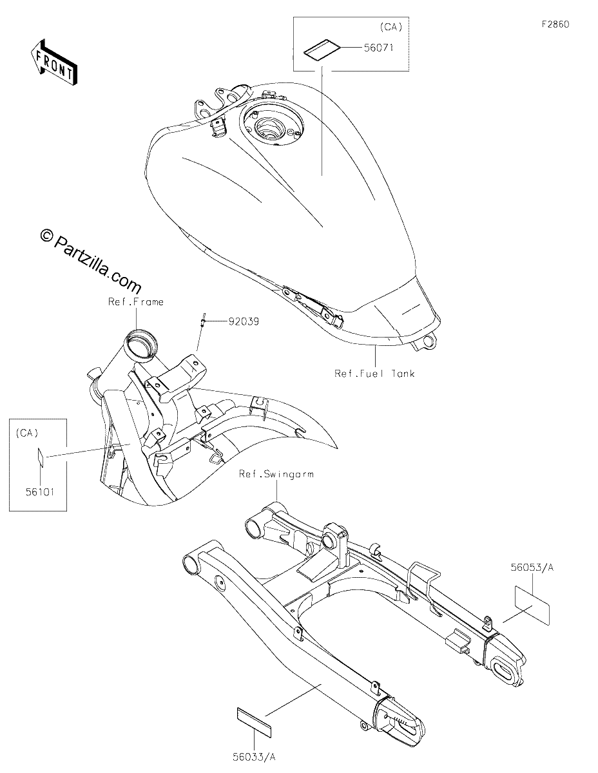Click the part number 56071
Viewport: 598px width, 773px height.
tap(378, 47)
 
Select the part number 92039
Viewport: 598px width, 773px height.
tap(244, 321)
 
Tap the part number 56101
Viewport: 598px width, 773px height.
tap(39, 492)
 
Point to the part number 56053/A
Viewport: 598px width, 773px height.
tap(532, 567)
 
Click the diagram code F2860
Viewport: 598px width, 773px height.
tap(555, 24)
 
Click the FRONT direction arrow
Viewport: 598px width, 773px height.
tap(54, 62)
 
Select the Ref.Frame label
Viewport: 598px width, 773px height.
tap(136, 302)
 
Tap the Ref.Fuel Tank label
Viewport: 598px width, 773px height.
tap(374, 374)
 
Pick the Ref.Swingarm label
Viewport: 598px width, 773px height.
tap(276, 474)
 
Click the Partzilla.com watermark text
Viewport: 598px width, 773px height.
tap(91, 259)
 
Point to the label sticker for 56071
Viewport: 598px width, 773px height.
tap(322, 50)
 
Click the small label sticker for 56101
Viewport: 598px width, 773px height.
tap(41, 457)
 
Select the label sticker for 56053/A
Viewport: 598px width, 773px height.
tap(532, 605)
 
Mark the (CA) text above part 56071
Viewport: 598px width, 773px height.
tap(391, 28)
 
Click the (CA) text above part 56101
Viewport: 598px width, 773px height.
tap(27, 433)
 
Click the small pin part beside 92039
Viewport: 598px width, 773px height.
tap(202, 321)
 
